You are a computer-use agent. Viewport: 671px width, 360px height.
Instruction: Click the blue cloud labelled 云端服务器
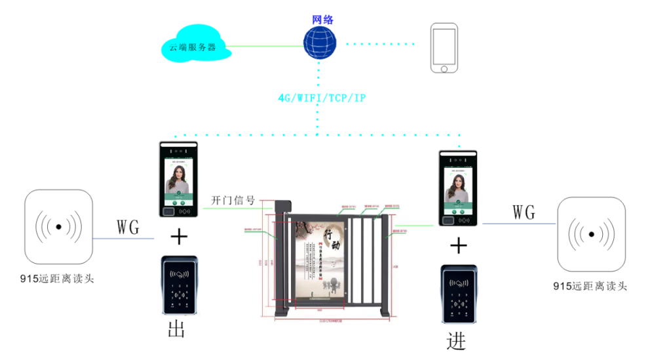(x=193, y=45)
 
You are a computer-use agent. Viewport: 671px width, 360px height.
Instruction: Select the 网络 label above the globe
(x=322, y=19)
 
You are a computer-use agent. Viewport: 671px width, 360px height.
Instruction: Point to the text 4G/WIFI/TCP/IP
(x=322, y=98)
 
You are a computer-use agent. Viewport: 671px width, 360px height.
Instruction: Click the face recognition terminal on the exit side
(x=178, y=180)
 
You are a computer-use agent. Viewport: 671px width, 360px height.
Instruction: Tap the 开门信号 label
(x=233, y=200)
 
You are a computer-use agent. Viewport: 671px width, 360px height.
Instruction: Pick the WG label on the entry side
(x=524, y=212)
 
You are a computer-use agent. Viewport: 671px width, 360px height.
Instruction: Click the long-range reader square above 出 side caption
(x=60, y=226)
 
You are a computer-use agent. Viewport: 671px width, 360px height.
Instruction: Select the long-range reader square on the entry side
(x=592, y=234)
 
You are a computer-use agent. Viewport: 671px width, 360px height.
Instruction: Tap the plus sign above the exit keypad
(x=178, y=237)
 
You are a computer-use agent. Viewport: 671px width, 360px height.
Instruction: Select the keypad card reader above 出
(x=179, y=286)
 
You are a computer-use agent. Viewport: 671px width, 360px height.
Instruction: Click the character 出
(x=177, y=330)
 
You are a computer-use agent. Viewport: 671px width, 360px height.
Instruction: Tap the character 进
(x=456, y=341)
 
